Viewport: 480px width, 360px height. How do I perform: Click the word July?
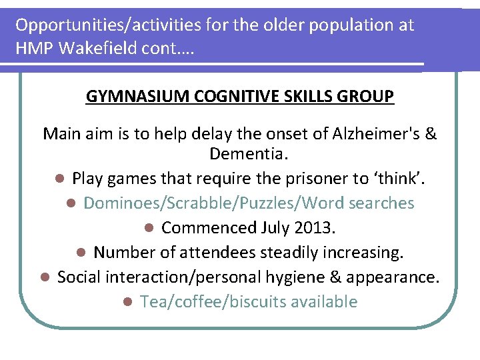click(273, 228)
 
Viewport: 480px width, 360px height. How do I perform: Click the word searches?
click(382, 203)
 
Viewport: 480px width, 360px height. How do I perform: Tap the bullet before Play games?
click(59, 179)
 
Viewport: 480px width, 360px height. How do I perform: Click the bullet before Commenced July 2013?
click(149, 229)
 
